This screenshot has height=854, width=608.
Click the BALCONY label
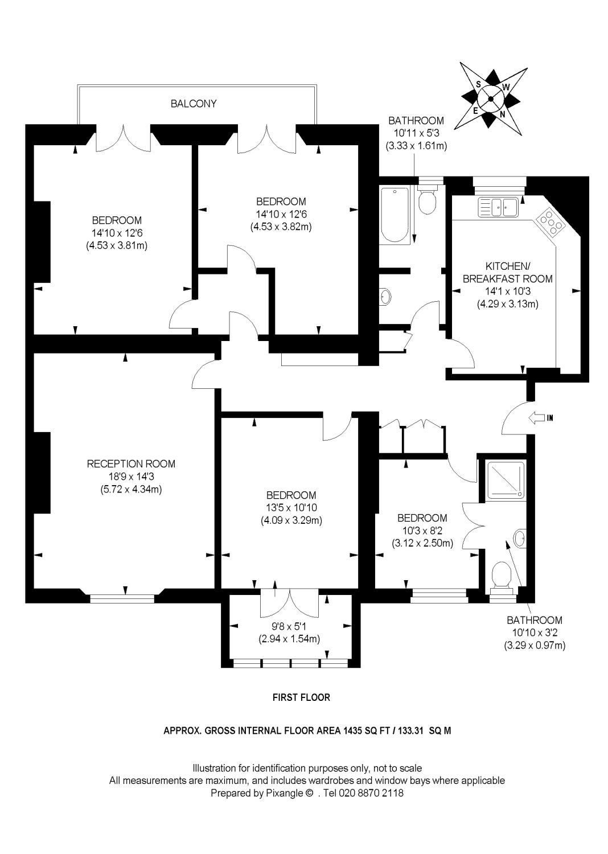point(194,104)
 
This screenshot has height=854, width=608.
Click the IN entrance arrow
point(540,418)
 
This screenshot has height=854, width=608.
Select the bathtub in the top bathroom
point(394,213)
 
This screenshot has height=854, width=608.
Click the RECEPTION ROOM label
point(131,464)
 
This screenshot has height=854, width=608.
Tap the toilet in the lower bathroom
point(502,576)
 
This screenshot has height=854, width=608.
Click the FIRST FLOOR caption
point(301,697)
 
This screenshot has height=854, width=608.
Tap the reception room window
point(122,598)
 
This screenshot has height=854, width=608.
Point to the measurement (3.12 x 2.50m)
point(422,543)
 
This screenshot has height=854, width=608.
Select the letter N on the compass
point(502,114)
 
